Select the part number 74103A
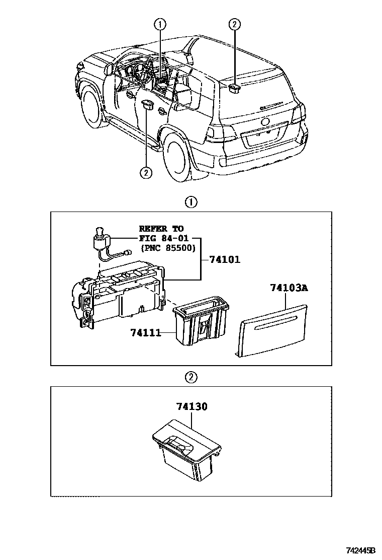pos(288,289)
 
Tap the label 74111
pos(145,332)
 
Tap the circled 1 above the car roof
pos(160,24)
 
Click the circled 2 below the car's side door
pos(146,172)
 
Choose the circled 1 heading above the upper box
pos(191,202)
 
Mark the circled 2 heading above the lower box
pos(191,377)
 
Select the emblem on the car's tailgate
pos(265,122)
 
